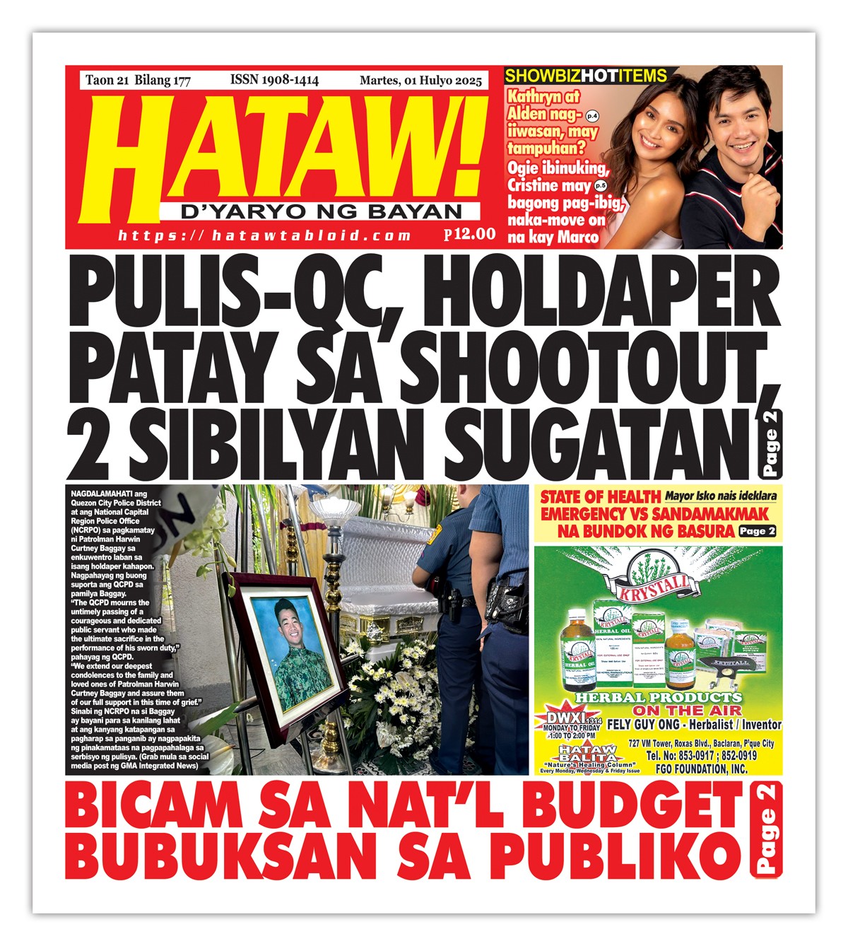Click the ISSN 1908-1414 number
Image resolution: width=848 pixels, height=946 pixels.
(x=274, y=80)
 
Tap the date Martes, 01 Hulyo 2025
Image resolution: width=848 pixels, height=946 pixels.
(x=420, y=81)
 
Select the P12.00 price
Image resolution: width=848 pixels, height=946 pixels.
(x=470, y=234)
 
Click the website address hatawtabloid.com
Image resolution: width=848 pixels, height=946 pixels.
(x=265, y=235)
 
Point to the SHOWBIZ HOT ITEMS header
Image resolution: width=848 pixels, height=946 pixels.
(x=586, y=76)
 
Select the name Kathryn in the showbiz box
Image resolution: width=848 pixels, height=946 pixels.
(x=534, y=97)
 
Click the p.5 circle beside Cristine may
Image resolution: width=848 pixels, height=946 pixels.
(x=600, y=185)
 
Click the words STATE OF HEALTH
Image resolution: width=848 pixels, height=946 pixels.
(x=600, y=497)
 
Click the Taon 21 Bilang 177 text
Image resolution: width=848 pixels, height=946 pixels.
(x=138, y=80)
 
